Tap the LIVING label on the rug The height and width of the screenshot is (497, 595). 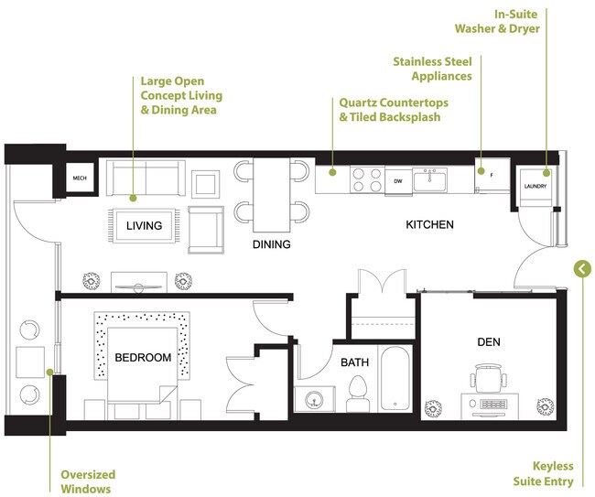pos(144,225)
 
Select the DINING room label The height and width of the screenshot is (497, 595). pos(272,244)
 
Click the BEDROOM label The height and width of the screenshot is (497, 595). pos(143,357)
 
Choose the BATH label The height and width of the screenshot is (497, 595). pos(354,362)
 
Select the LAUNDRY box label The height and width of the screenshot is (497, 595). pos(535,186)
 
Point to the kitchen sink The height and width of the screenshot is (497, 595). pos(429,179)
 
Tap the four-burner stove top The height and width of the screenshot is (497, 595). pos(366,178)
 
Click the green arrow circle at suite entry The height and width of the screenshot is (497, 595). pos(581,268)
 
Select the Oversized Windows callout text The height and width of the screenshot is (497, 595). pos(86,481)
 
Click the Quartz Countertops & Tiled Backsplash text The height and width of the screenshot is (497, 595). pos(389,111)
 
